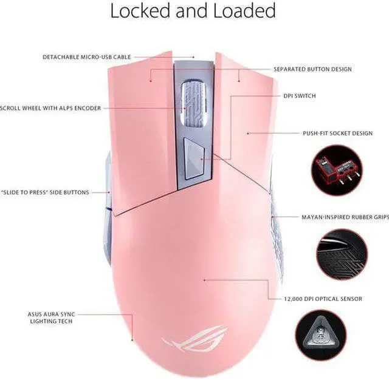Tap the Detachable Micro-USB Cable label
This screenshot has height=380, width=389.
(x=86, y=57)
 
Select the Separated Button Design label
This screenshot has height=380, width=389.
(x=312, y=69)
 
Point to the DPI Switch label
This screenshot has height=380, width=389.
(x=300, y=96)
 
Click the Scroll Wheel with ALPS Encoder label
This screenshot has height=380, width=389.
(x=50, y=108)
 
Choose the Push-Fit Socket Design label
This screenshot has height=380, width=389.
(x=337, y=133)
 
